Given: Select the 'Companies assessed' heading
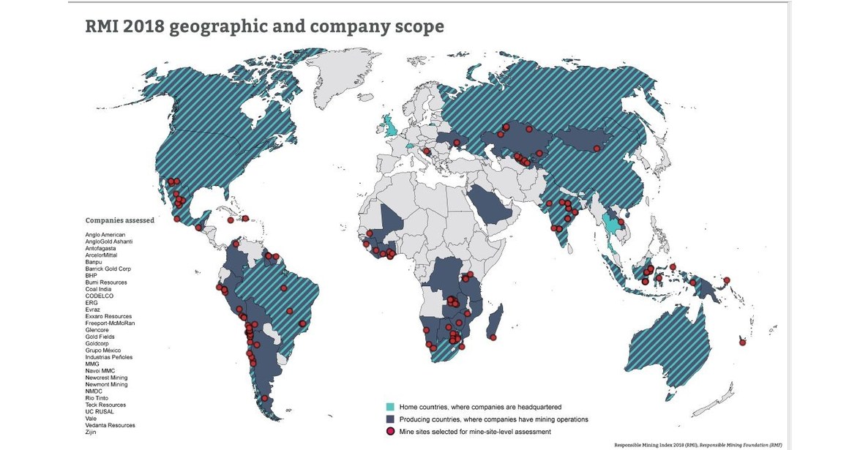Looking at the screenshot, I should (x=119, y=220).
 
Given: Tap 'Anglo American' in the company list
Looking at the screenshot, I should (x=105, y=235).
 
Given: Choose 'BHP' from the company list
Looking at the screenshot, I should (x=91, y=276).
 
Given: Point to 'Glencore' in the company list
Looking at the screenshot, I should (x=97, y=330).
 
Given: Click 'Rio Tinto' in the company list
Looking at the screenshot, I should (x=97, y=398).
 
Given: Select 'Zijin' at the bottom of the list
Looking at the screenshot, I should (x=91, y=432).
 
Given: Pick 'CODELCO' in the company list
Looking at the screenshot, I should (x=99, y=296).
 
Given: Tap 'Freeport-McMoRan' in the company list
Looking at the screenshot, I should (x=110, y=323).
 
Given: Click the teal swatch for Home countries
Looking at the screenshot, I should (x=391, y=406).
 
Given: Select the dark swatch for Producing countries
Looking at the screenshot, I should (x=391, y=419).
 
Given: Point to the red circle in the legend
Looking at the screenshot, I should (x=391, y=432).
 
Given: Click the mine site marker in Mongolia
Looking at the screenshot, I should (x=597, y=149).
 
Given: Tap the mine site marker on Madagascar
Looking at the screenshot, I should (x=493, y=337).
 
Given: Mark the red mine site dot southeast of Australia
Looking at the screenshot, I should (x=742, y=341).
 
